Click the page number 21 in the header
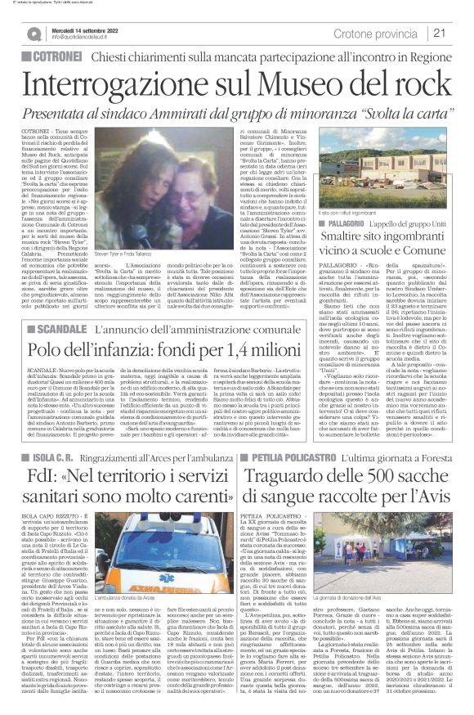point(460,33)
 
